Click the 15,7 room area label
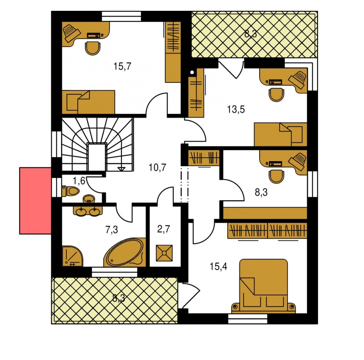click(122, 66)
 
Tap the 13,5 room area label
click(236, 109)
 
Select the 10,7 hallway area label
click(157, 167)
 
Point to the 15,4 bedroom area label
click(218, 266)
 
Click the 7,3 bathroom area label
click(112, 230)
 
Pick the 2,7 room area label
click(164, 229)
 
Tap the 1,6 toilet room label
click(79, 180)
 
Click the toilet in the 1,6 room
click(71, 191)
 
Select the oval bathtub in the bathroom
click(125, 252)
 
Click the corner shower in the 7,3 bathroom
click(72, 256)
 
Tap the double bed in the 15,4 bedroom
click(264, 286)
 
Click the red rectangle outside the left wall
click(35, 201)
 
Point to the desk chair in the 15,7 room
click(93, 48)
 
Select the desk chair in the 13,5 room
click(276, 95)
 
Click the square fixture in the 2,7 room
click(164, 253)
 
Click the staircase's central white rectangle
click(97, 157)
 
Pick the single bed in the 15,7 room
click(88, 102)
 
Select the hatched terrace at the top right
click(254, 34)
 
